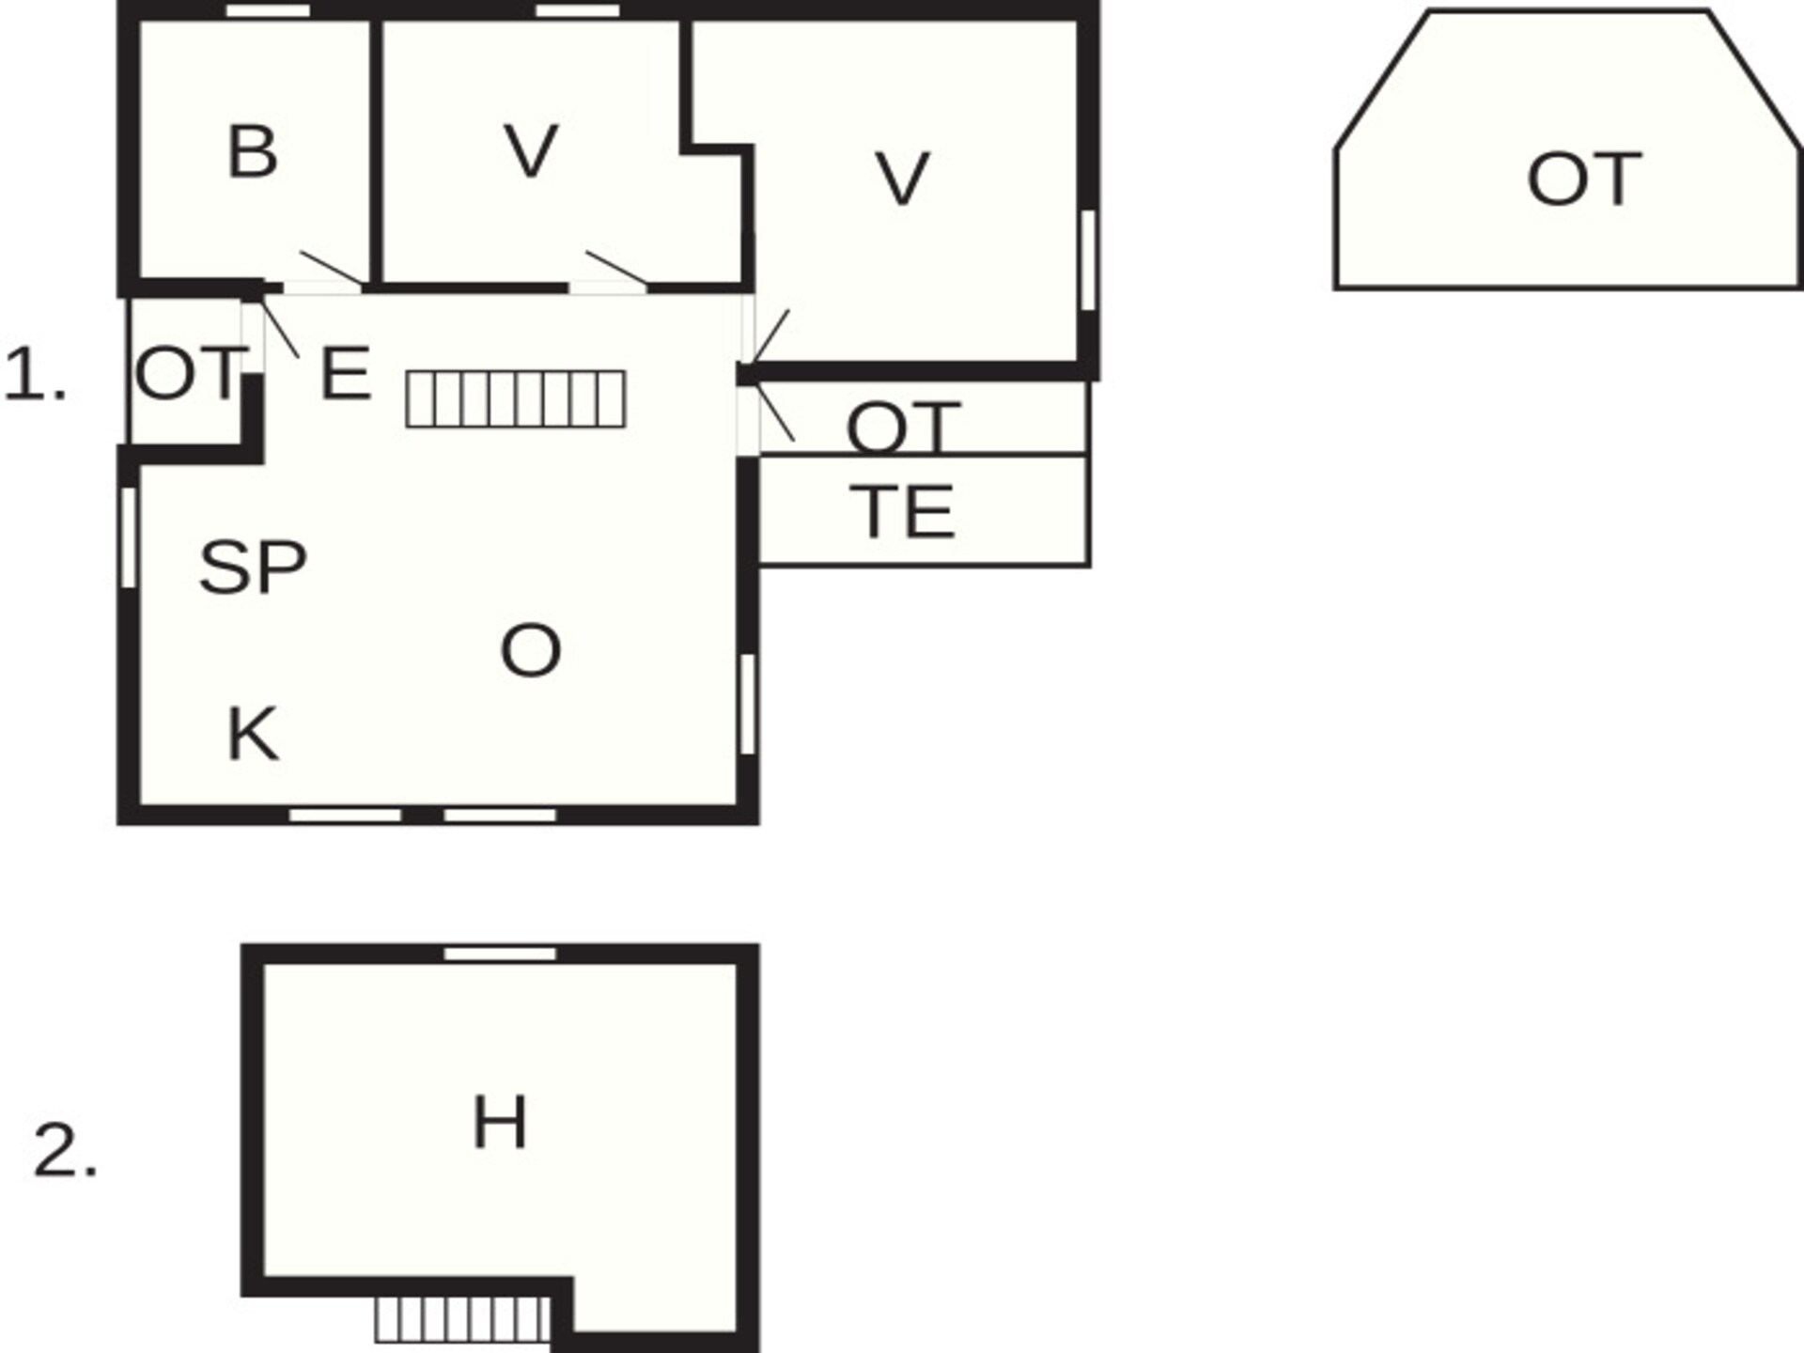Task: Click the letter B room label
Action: point(253,151)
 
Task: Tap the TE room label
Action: point(902,512)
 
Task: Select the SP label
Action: point(253,568)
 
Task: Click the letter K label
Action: point(253,734)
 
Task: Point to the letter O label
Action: point(531,650)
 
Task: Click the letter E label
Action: point(345,374)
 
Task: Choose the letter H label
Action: point(500,1123)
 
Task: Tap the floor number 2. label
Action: point(65,1150)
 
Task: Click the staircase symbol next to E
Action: point(516,399)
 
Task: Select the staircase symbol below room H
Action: point(462,1320)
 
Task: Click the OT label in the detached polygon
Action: point(1584,179)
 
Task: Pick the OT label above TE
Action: point(903,427)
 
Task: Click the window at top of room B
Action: point(269,10)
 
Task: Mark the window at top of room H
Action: point(500,955)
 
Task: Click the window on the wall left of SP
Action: point(129,537)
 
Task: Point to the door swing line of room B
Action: point(332,267)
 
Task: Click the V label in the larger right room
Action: point(902,179)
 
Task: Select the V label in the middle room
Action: point(531,150)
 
